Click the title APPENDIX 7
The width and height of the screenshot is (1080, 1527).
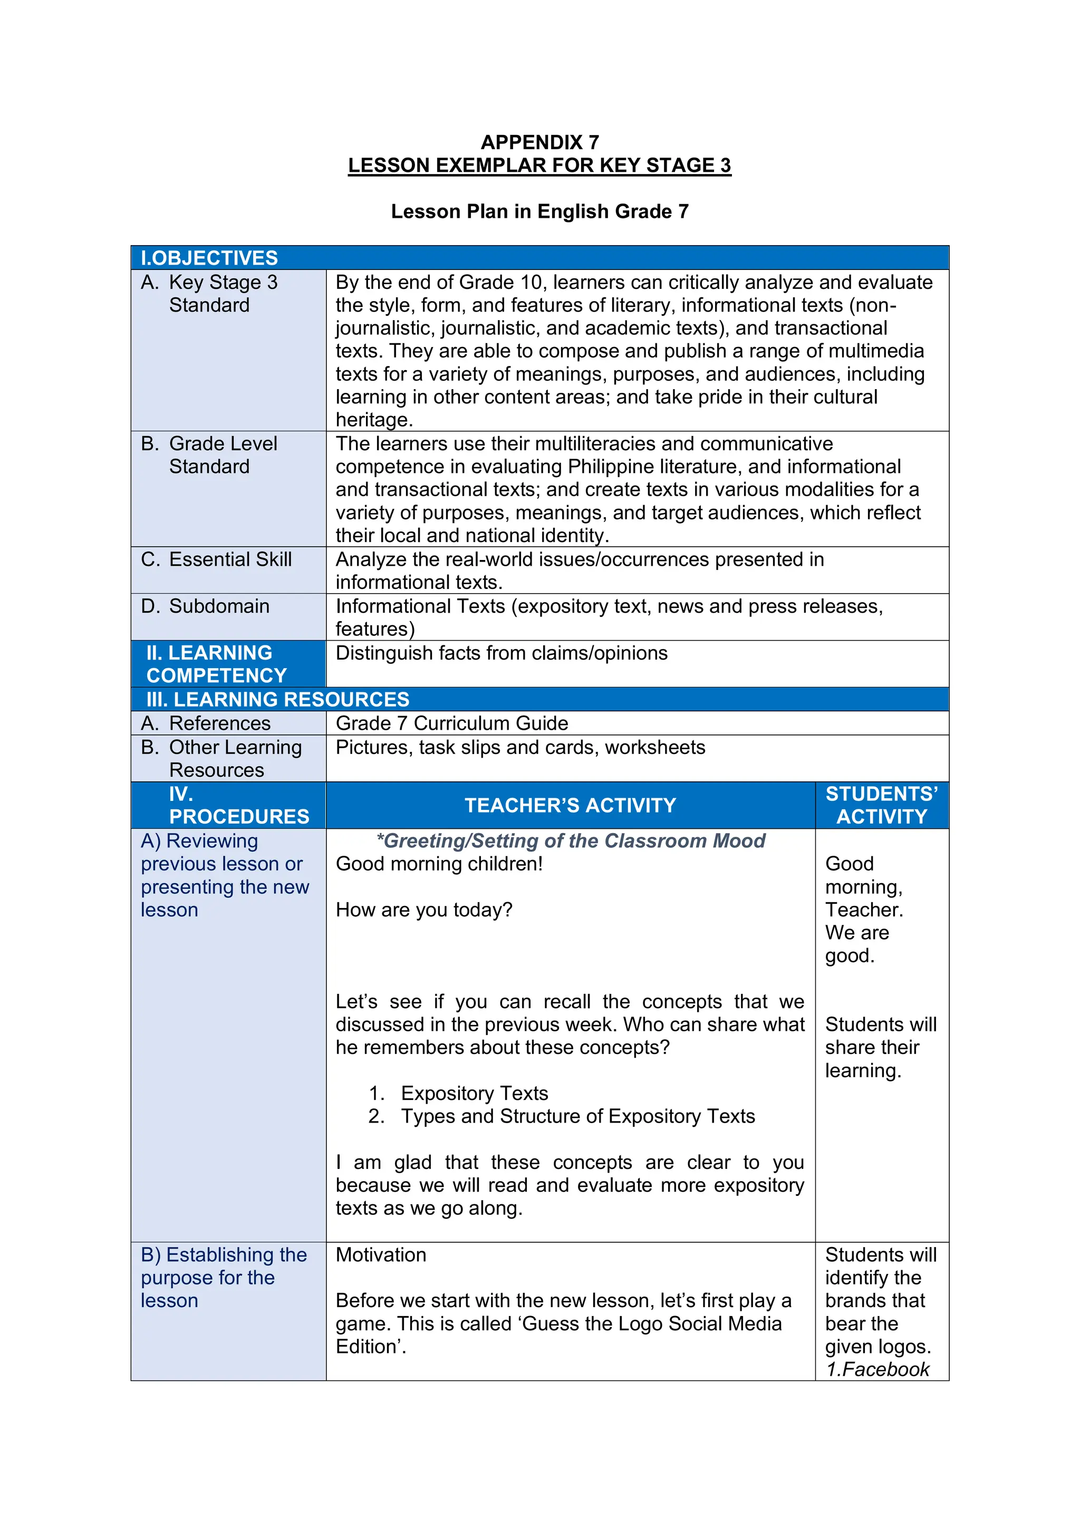point(539,142)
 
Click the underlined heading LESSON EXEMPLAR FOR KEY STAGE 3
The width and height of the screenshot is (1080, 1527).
point(539,166)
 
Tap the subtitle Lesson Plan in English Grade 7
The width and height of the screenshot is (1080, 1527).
point(539,211)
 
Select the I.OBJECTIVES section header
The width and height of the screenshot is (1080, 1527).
point(209,258)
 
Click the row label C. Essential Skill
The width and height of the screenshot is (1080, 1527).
point(217,559)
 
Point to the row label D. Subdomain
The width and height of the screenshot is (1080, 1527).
point(206,606)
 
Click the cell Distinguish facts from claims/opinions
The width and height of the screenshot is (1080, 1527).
point(502,653)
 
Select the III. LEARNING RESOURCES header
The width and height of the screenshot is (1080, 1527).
point(278,700)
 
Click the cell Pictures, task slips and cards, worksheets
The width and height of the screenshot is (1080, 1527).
point(520,748)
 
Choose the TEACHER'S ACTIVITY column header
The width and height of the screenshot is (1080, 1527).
point(570,805)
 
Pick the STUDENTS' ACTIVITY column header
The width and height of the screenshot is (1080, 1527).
point(881,805)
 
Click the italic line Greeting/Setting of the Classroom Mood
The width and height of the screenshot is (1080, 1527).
point(571,842)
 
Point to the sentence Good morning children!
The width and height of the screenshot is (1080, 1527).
point(439,864)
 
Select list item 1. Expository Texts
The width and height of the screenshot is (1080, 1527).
point(459,1094)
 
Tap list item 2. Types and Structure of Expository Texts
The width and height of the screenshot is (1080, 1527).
point(562,1116)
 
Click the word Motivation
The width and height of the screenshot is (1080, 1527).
point(381,1255)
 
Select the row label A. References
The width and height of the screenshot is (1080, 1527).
point(206,723)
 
